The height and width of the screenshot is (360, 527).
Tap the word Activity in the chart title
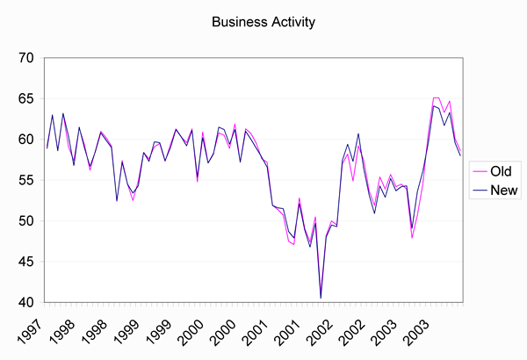(x=292, y=19)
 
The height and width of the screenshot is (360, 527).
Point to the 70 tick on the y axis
(x=25, y=59)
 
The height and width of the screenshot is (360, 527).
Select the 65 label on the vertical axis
(x=25, y=99)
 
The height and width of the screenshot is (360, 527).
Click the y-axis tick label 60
(x=25, y=140)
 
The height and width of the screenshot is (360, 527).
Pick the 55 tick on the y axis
(x=25, y=180)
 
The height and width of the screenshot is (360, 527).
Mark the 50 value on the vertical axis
(x=25, y=221)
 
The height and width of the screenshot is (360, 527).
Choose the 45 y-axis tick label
(x=25, y=262)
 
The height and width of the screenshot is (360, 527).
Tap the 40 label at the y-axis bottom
(x=25, y=302)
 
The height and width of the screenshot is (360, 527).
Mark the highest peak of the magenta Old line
(x=436, y=97)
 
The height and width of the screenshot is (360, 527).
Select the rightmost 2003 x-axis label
(x=419, y=329)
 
